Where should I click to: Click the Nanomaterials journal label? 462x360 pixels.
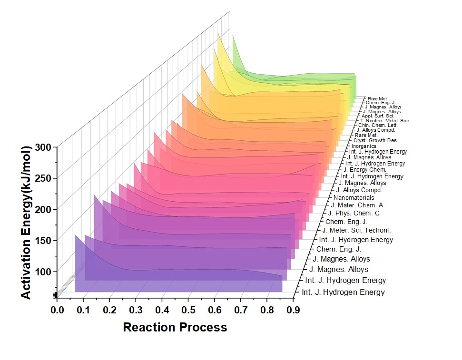click(354, 197)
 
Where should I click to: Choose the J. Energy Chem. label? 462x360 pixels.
click(365, 170)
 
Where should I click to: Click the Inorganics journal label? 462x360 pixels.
click(364, 146)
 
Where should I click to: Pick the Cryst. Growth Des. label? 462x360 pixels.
click(375, 141)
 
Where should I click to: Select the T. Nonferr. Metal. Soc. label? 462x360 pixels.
click(385, 121)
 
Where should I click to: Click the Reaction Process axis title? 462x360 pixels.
click(175, 328)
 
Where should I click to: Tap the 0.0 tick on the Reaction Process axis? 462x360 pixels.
click(58, 311)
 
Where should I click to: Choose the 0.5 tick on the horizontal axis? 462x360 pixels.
click(188, 311)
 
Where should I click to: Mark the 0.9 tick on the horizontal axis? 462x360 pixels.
click(293, 311)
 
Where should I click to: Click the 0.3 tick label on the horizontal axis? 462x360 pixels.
click(136, 311)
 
